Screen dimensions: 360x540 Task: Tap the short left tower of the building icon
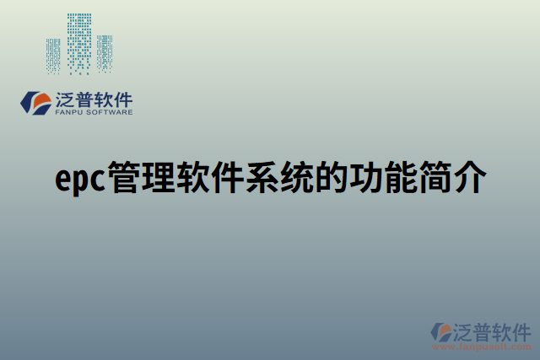(x=54, y=55)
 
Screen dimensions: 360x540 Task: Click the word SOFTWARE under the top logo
(x=110, y=111)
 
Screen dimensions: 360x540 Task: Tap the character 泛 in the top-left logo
(x=64, y=98)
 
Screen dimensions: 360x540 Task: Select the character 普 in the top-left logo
(x=84, y=98)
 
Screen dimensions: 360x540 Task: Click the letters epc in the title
(x=81, y=180)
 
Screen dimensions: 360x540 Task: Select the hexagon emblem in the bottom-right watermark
(x=440, y=331)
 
